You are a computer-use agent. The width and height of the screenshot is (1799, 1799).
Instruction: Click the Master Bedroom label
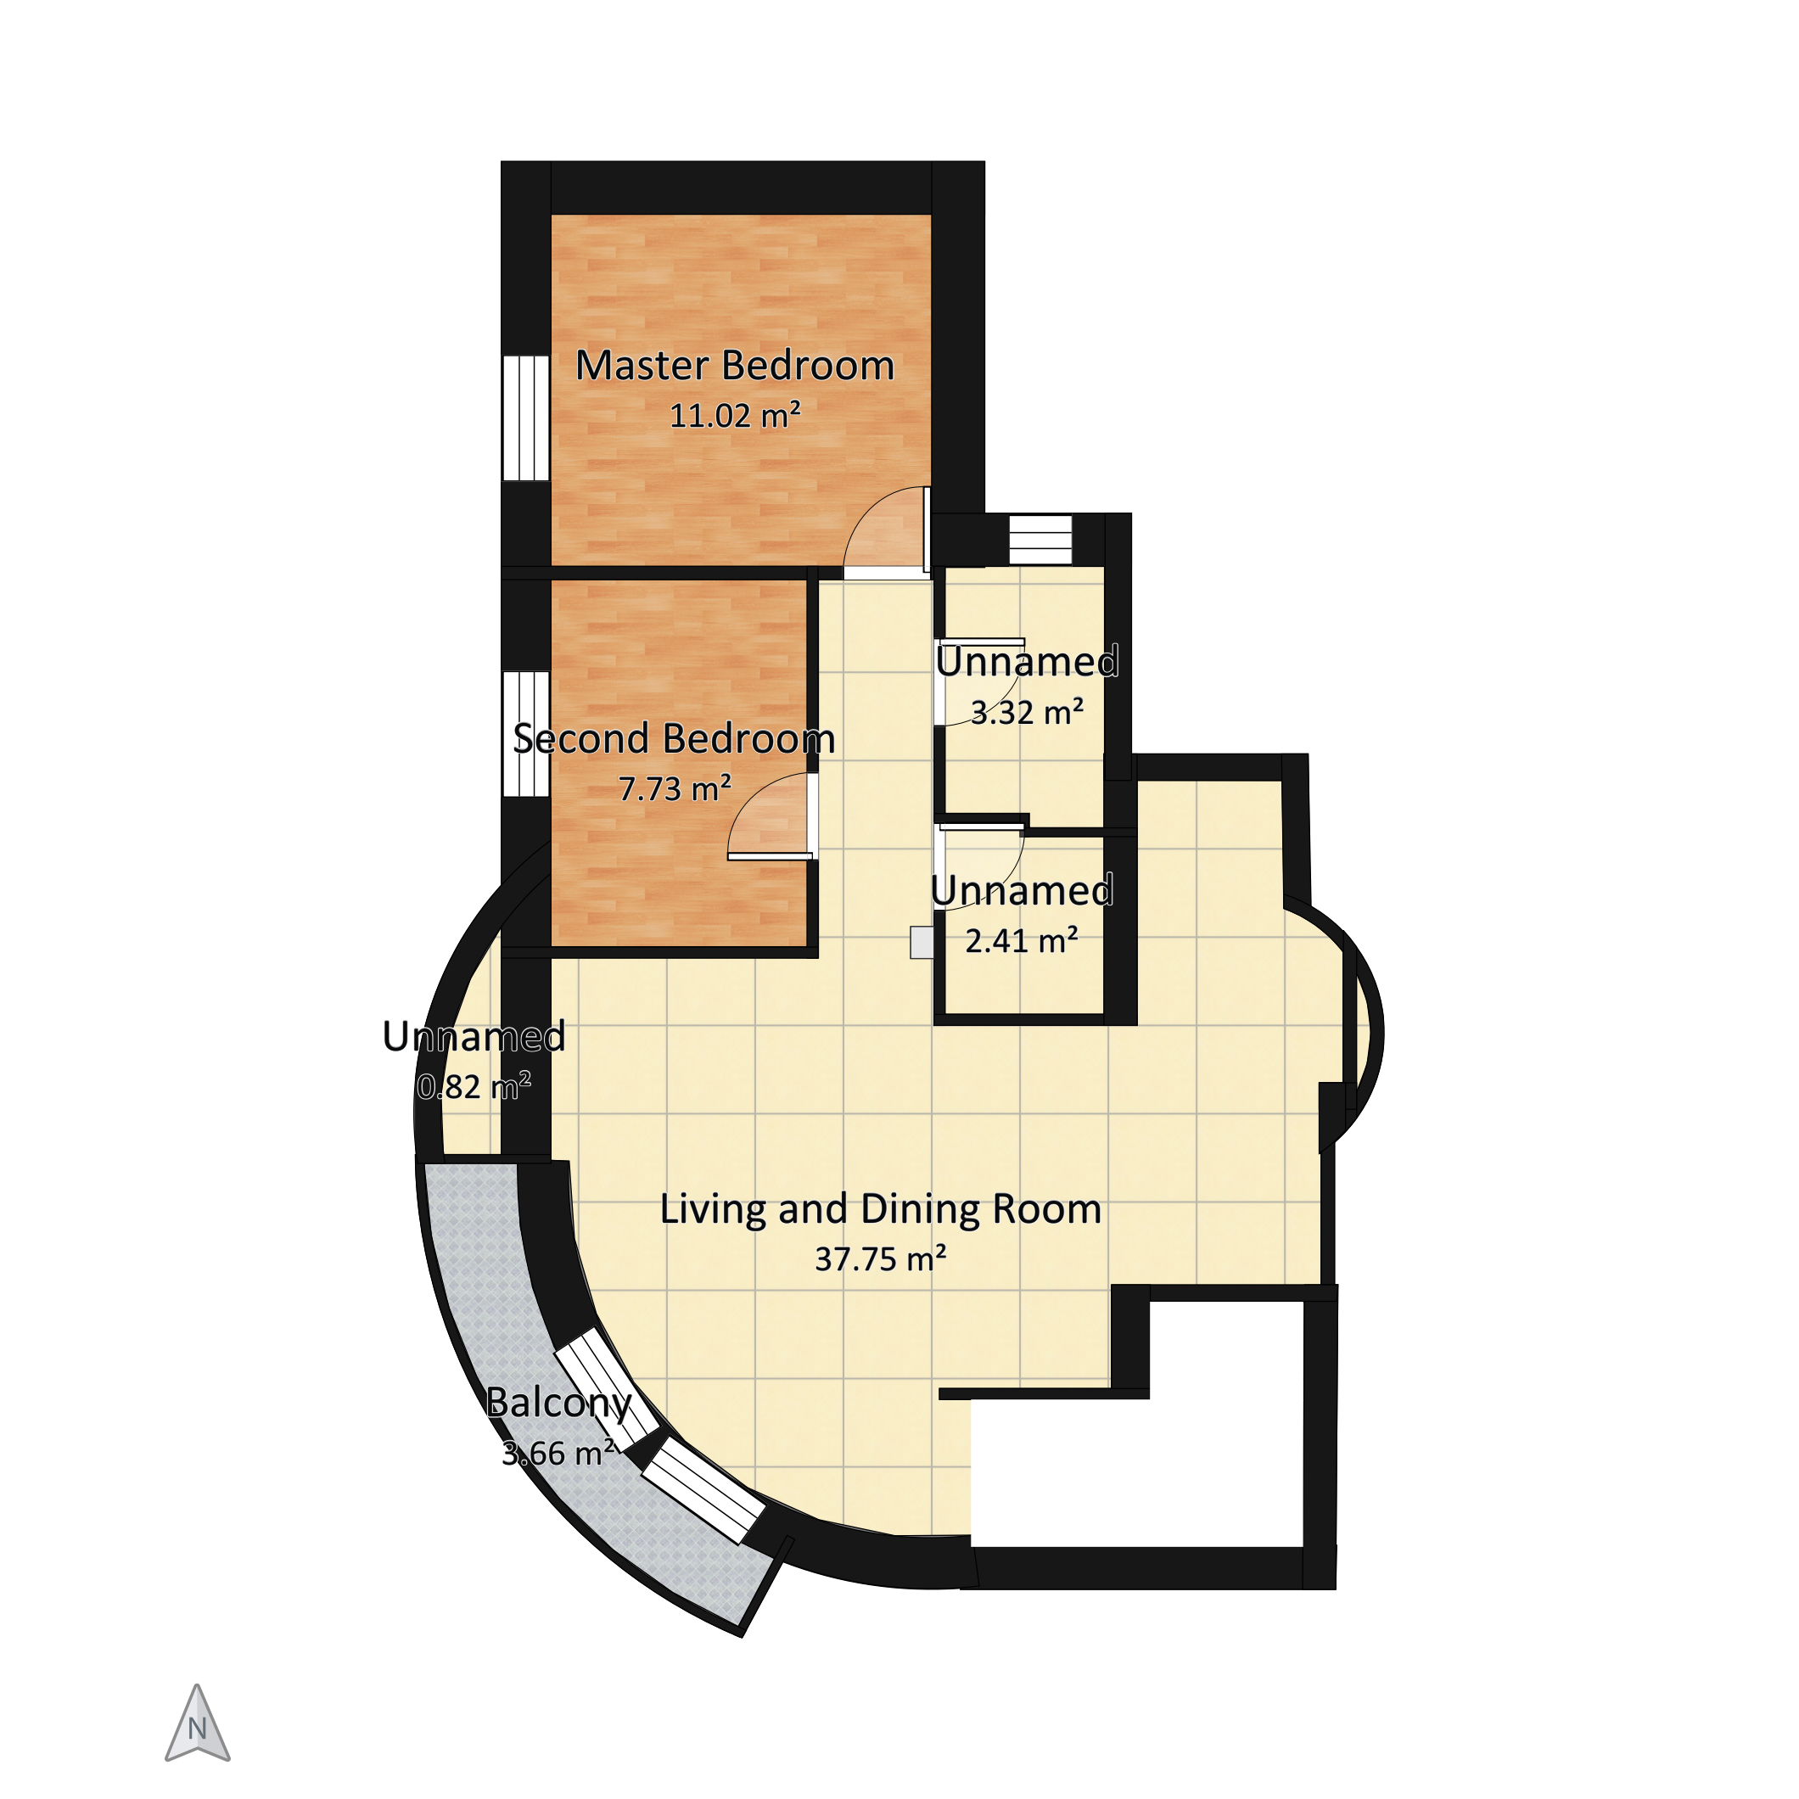click(x=735, y=366)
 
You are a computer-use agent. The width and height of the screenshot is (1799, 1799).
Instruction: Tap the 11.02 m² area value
click(x=736, y=415)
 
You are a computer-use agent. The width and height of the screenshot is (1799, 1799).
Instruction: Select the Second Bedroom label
click(x=674, y=739)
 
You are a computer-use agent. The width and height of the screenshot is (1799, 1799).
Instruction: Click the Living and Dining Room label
click(x=881, y=1209)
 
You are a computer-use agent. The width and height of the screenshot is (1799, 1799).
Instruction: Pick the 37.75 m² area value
click(x=881, y=1260)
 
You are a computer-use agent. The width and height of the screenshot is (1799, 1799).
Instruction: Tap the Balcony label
click(x=558, y=1404)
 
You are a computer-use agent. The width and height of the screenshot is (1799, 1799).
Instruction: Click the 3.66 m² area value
click(x=558, y=1454)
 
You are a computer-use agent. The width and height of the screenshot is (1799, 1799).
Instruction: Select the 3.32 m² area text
click(x=1027, y=714)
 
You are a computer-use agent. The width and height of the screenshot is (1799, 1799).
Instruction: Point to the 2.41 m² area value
click(x=1022, y=941)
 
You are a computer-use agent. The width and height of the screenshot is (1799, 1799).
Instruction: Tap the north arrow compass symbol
click(x=198, y=1723)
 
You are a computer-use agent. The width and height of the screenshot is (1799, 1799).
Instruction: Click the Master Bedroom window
click(x=526, y=418)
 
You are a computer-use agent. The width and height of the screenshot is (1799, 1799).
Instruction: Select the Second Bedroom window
click(x=526, y=734)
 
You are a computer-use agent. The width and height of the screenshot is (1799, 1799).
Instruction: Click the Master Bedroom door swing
click(x=887, y=529)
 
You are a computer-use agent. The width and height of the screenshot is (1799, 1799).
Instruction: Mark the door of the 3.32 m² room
click(x=980, y=681)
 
